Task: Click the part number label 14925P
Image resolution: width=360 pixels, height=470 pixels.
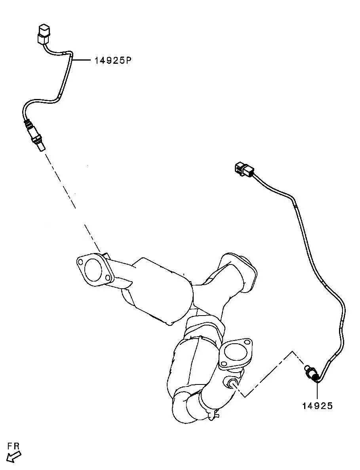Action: (x=113, y=61)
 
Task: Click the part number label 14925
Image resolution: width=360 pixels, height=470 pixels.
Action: (x=318, y=406)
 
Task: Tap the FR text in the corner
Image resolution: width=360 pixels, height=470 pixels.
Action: (x=13, y=446)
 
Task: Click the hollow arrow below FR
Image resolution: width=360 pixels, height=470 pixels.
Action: (x=13, y=457)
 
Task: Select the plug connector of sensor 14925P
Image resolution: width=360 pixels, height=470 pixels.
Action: (x=44, y=34)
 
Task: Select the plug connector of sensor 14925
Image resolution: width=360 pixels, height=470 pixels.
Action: (x=244, y=169)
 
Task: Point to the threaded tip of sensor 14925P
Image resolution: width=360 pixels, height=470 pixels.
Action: (x=42, y=147)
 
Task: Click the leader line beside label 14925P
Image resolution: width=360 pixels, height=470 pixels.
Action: (x=81, y=61)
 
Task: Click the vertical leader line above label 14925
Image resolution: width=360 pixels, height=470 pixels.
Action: (x=316, y=391)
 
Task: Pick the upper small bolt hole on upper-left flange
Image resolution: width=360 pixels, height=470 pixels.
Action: (x=80, y=262)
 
